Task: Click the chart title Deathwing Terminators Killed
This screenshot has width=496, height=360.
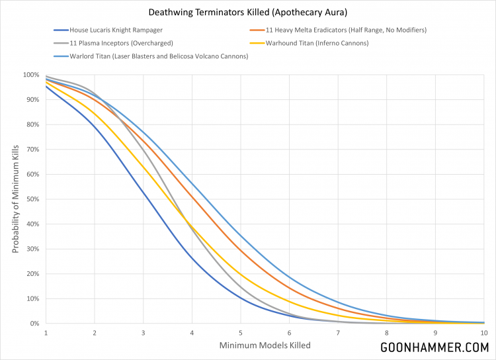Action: (247, 11)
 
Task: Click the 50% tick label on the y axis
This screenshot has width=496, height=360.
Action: (32, 199)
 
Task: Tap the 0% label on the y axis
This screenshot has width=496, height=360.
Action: (34, 324)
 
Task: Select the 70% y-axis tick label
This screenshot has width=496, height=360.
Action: (32, 150)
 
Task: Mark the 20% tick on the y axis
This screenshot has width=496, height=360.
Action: (32, 274)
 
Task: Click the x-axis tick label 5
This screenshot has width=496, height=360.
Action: (240, 333)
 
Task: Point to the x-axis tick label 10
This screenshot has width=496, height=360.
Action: (483, 333)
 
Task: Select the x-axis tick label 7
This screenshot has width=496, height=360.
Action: (338, 333)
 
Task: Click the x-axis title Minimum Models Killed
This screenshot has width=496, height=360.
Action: (265, 345)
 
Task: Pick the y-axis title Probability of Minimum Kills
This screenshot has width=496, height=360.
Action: (15, 199)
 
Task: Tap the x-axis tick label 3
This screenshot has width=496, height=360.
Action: (143, 333)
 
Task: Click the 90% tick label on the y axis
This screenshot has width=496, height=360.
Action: (32, 100)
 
